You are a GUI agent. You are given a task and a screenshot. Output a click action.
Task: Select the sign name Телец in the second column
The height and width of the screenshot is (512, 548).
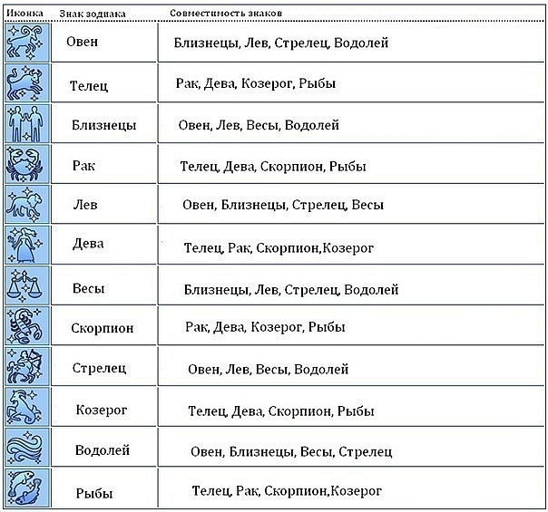click(x=89, y=85)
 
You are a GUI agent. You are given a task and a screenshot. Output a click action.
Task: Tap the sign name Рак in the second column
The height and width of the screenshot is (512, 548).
click(x=83, y=166)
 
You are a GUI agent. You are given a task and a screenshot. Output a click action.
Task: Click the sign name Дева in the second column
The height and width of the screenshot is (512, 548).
click(x=88, y=243)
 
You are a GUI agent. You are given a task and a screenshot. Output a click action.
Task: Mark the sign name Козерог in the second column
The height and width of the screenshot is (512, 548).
click(x=102, y=410)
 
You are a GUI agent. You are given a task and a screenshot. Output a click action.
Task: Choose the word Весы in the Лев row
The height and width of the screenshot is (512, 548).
click(x=367, y=205)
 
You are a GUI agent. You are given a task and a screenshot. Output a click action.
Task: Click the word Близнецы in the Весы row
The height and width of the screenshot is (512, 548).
click(x=217, y=290)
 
